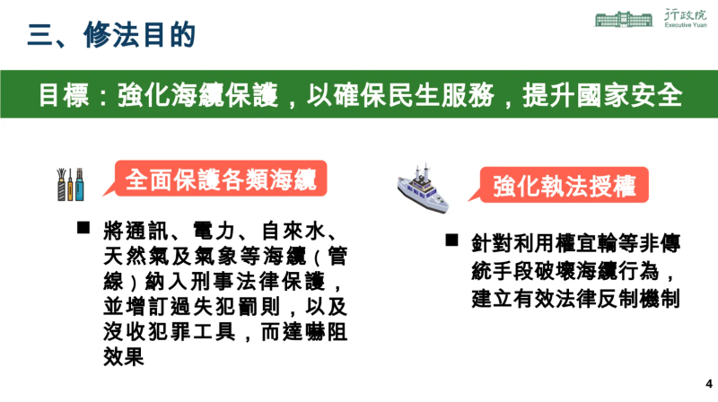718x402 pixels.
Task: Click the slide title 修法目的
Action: pos(139,36)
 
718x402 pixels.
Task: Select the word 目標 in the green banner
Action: pos(63,95)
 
